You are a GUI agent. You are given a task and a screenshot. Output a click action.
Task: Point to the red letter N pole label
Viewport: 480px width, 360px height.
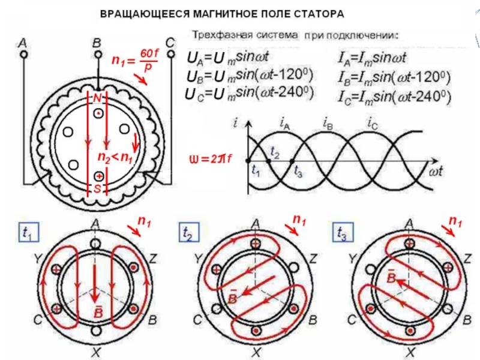(x=97, y=97)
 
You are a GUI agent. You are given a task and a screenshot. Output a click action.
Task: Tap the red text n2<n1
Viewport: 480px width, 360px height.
(x=115, y=158)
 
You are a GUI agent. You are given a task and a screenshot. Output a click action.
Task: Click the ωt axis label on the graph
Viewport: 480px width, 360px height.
(x=440, y=172)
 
